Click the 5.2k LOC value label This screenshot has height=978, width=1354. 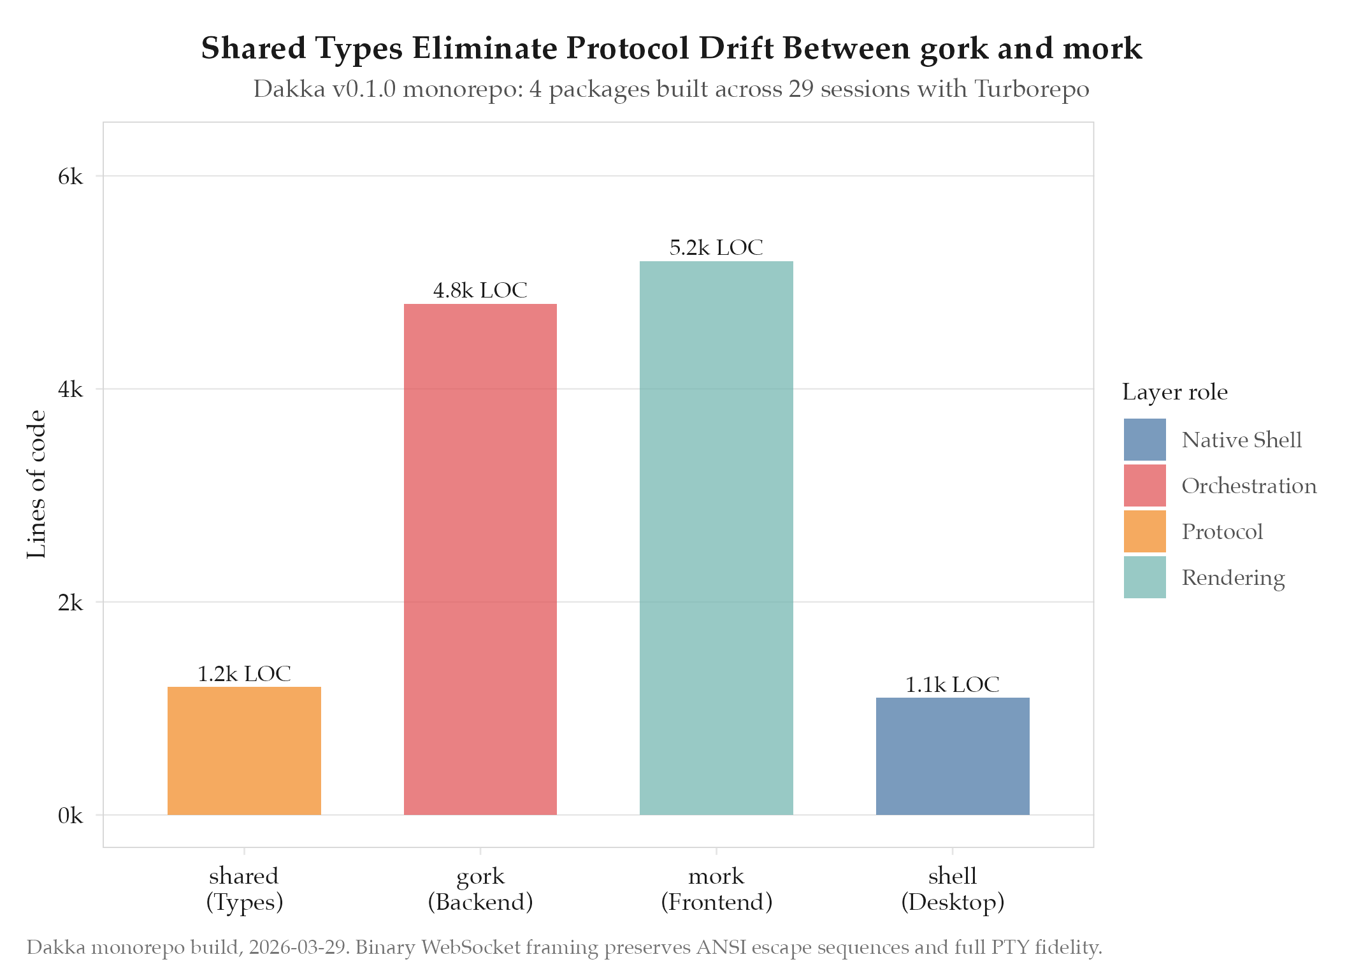[x=716, y=247]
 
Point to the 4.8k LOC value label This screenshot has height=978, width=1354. [x=480, y=291]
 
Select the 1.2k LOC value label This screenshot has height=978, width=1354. [x=244, y=673]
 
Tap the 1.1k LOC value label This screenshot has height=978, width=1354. [x=952, y=684]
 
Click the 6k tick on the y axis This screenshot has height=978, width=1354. [x=70, y=176]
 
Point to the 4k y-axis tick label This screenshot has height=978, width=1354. [x=70, y=389]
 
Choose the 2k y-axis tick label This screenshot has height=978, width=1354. [x=70, y=602]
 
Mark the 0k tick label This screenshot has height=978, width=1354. [x=70, y=816]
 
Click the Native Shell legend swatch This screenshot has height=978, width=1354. [x=1144, y=440]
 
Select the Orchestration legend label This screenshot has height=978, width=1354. [x=1249, y=485]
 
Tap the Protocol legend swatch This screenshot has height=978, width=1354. [x=1144, y=531]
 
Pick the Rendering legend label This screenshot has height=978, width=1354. [x=1233, y=577]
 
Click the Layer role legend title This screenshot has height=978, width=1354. [x=1174, y=392]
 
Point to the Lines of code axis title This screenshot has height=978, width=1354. [x=37, y=484]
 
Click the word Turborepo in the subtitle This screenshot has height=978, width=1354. [x=1032, y=89]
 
